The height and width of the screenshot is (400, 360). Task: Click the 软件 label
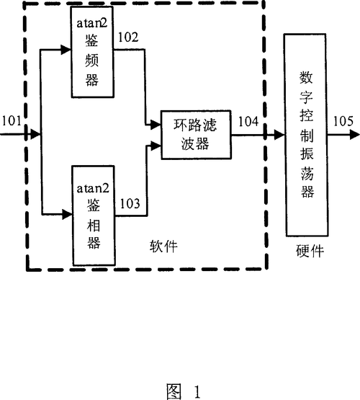165,247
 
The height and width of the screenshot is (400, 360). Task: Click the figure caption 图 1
184,390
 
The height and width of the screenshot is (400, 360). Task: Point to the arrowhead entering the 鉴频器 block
67,51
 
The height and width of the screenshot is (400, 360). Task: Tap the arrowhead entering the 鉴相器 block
67,213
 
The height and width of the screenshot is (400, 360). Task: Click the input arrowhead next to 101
34,133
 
